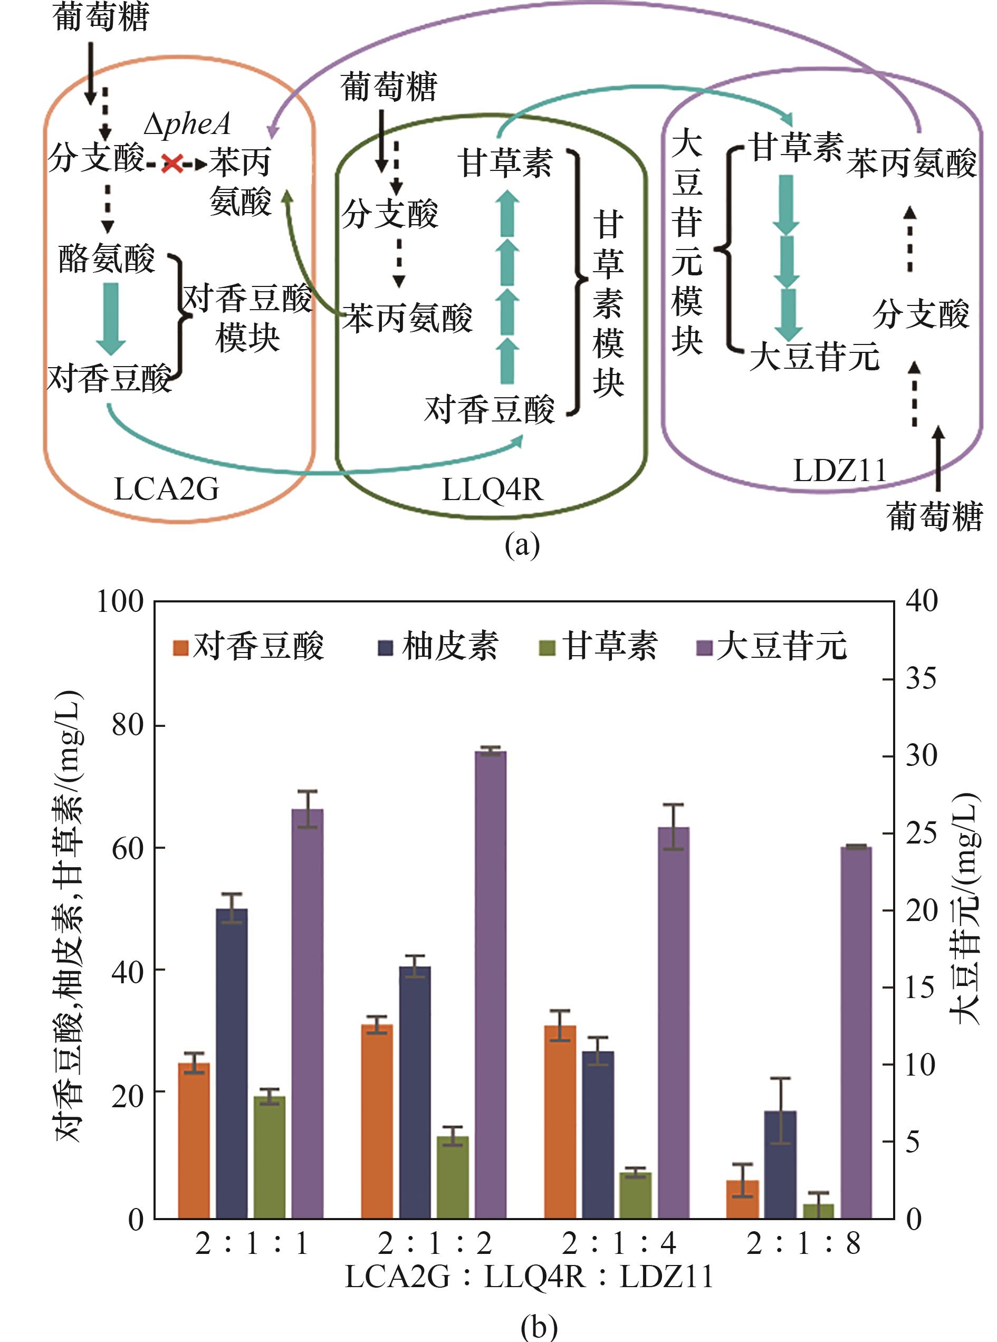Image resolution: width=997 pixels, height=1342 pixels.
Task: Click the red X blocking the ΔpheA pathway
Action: [x=172, y=163]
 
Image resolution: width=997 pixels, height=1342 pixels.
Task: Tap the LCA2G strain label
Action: [x=166, y=489]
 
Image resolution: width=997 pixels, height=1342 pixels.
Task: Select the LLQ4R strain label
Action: [x=493, y=490]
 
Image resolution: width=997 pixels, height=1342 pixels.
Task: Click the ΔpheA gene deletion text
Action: [x=188, y=124]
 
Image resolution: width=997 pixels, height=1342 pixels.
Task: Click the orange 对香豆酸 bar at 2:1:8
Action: [x=742, y=1199]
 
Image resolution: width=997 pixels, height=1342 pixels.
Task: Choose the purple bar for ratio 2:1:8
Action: [x=856, y=1032]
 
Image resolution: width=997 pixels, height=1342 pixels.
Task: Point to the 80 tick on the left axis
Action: [x=127, y=725]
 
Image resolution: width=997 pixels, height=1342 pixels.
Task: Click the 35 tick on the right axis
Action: [x=921, y=679]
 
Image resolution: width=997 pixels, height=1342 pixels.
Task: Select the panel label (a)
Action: [x=522, y=544]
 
